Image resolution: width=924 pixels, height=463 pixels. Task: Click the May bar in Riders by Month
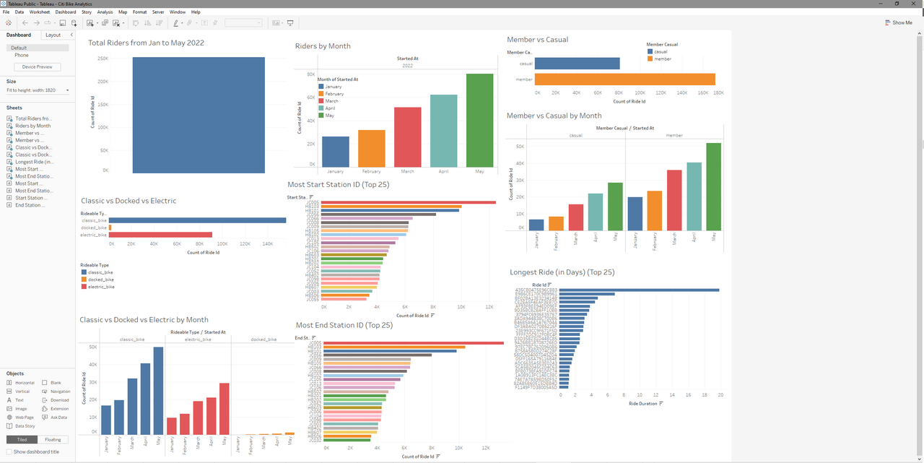coord(479,119)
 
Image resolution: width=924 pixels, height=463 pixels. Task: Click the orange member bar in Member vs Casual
coord(624,79)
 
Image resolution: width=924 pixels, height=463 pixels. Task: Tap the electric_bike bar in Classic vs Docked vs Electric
coord(160,235)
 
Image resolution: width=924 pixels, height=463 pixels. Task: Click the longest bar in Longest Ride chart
coord(639,290)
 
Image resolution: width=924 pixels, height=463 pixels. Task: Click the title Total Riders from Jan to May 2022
coord(146,43)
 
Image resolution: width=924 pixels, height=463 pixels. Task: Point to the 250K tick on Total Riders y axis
coord(103,59)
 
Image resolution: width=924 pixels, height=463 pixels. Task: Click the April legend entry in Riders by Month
coord(331,108)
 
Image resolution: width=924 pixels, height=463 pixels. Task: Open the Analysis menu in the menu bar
coord(105,12)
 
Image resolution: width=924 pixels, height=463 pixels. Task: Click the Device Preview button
coord(37,67)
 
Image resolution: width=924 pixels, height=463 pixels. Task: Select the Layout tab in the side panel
coord(53,35)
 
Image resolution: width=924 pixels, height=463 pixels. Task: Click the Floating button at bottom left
coord(53,439)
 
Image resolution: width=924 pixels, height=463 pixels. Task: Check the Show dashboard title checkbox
coord(9,451)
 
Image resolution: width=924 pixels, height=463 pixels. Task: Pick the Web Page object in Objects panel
coord(24,417)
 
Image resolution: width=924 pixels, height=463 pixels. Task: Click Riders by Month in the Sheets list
coord(32,126)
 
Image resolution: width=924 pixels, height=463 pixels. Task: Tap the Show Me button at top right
coord(898,22)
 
